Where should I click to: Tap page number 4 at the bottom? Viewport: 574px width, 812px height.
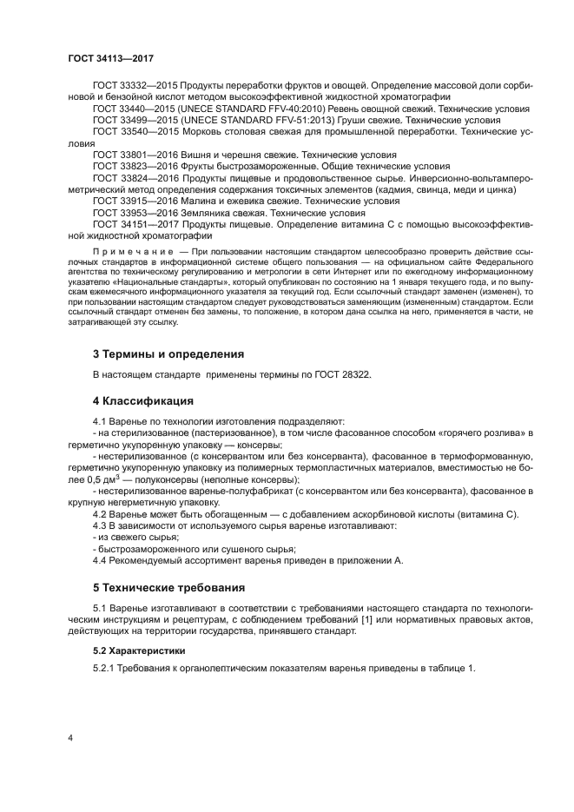click(70, 737)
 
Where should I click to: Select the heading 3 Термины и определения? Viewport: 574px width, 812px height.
click(168, 353)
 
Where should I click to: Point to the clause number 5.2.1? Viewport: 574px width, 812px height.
click(106, 668)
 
